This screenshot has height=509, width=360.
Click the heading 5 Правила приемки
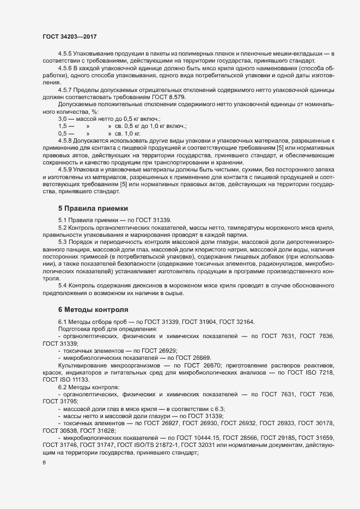coord(93,207)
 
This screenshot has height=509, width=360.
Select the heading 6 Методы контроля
coord(94,309)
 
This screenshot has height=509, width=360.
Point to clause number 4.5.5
coord(65,53)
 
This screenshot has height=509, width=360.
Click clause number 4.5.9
coord(65,170)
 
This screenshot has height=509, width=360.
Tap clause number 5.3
coord(62,241)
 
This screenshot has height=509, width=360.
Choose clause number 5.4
coord(62,285)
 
